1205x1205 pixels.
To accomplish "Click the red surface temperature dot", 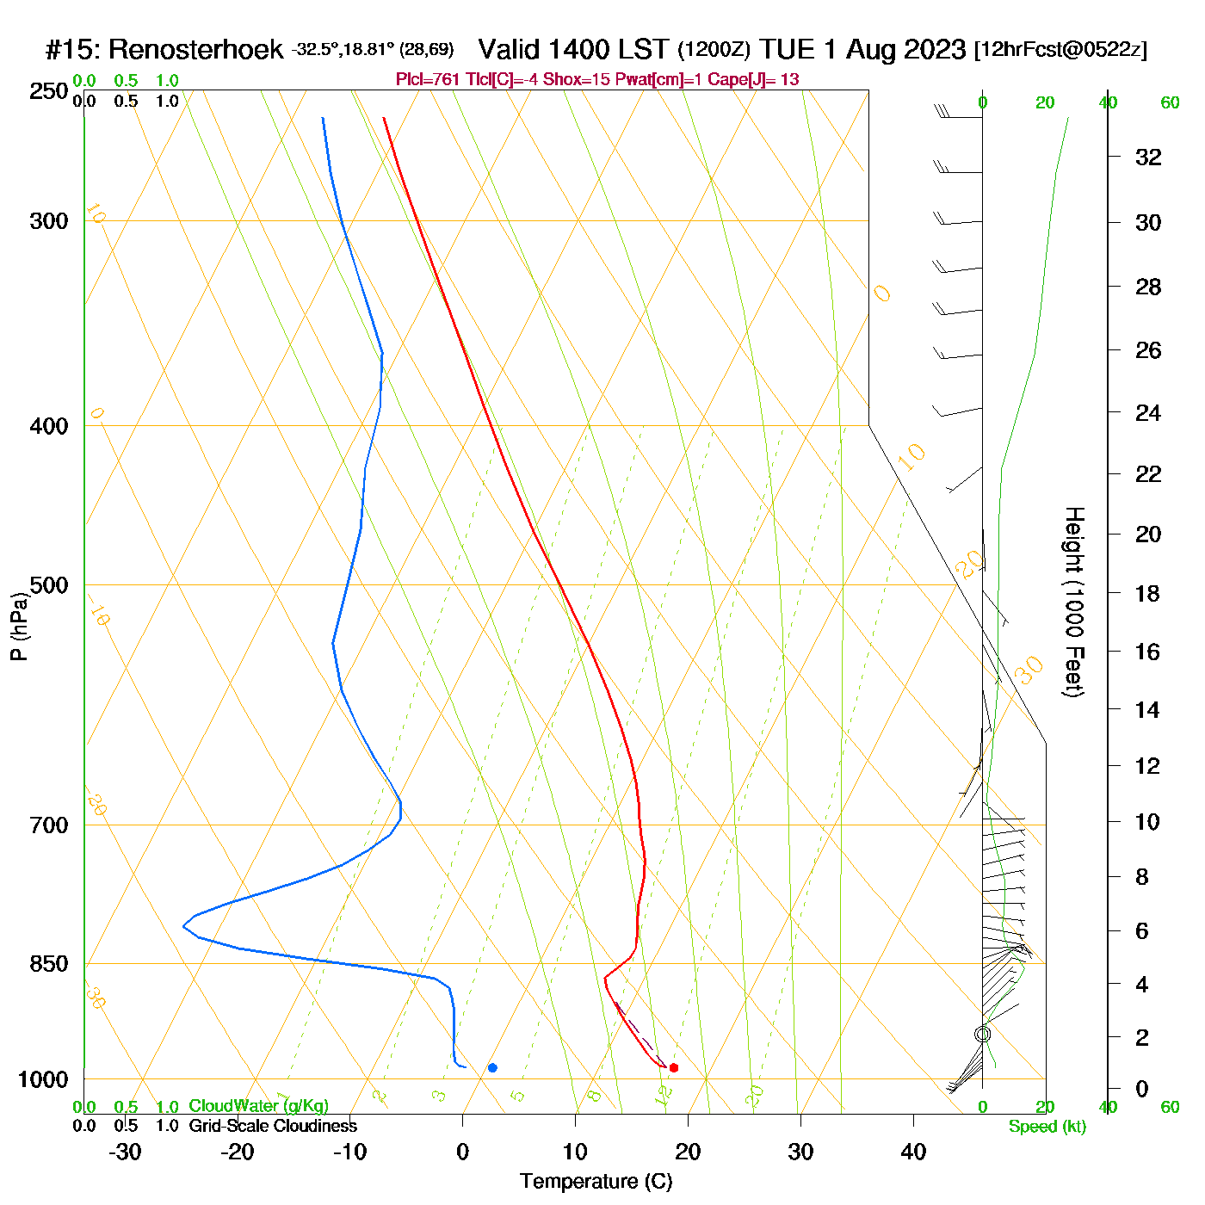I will pyautogui.click(x=674, y=1068).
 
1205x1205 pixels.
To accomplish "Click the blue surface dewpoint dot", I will pyautogui.click(x=492, y=1068).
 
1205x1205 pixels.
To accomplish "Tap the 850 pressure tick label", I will pyautogui.click(x=48, y=964).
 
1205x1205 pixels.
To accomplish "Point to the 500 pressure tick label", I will pyautogui.click(x=48, y=585).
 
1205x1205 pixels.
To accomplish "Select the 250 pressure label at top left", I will pyautogui.click(x=48, y=91).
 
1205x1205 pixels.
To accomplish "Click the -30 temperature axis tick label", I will pyautogui.click(x=125, y=1152).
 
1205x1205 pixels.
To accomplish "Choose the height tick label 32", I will pyautogui.click(x=1148, y=157).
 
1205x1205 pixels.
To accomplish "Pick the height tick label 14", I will pyautogui.click(x=1147, y=709).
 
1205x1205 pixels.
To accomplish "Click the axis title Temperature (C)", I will pyautogui.click(x=596, y=1182).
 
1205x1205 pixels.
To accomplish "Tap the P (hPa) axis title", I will pyautogui.click(x=19, y=626).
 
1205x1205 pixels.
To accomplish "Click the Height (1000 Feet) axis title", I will pyautogui.click(x=1073, y=602).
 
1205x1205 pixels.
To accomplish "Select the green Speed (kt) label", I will pyautogui.click(x=1047, y=1127).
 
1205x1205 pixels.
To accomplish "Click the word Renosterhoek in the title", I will pyautogui.click(x=195, y=50).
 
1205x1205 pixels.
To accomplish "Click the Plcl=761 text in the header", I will pyautogui.click(x=428, y=80).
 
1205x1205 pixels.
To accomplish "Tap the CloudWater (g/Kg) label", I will pyautogui.click(x=258, y=1106).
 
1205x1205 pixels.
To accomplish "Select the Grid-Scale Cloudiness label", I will pyautogui.click(x=273, y=1126).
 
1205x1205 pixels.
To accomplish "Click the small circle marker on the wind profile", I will pyautogui.click(x=982, y=1034).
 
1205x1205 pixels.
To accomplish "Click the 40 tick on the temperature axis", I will pyautogui.click(x=913, y=1152).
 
